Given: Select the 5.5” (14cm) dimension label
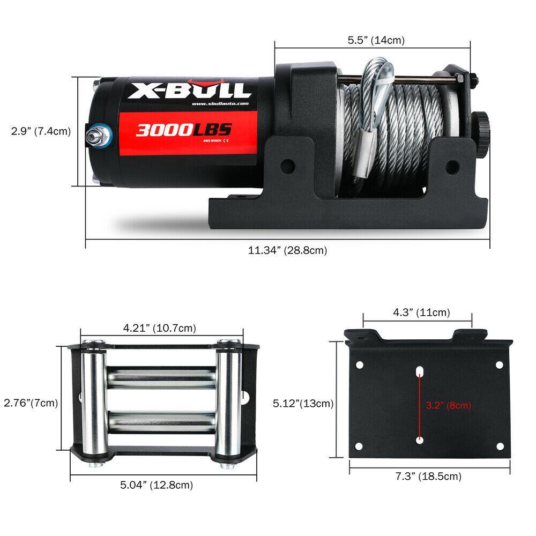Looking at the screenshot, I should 376,40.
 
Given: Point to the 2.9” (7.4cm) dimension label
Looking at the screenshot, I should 41,131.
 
